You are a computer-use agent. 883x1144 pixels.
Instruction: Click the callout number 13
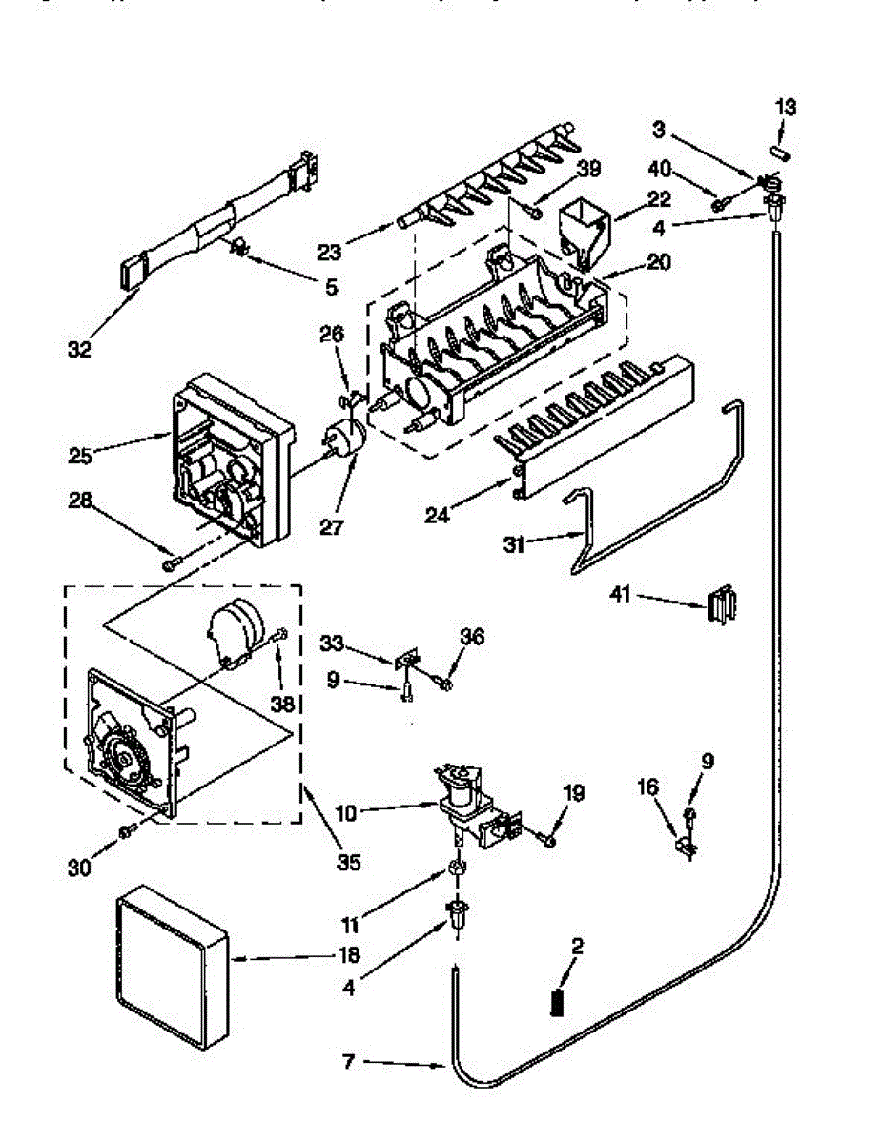coord(784,108)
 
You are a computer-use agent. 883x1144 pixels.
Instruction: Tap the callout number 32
coord(79,350)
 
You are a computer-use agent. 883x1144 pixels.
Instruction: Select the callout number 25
coord(81,456)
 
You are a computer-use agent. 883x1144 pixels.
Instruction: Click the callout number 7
coord(350,1061)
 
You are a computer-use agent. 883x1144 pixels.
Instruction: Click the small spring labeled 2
coord(557,1004)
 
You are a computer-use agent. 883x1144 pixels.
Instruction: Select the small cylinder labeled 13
coord(777,151)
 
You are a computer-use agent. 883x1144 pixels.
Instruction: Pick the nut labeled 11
coord(457,868)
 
